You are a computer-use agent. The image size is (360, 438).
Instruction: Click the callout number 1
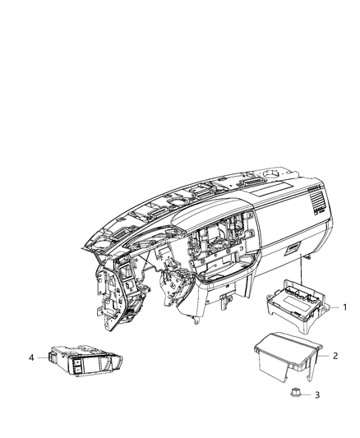[346, 308]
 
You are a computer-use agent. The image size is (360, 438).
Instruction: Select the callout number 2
[335, 356]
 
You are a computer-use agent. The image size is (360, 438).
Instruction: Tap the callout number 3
[319, 395]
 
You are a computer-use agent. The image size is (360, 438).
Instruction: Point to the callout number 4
[31, 357]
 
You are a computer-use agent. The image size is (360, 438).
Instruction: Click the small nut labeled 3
[296, 394]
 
